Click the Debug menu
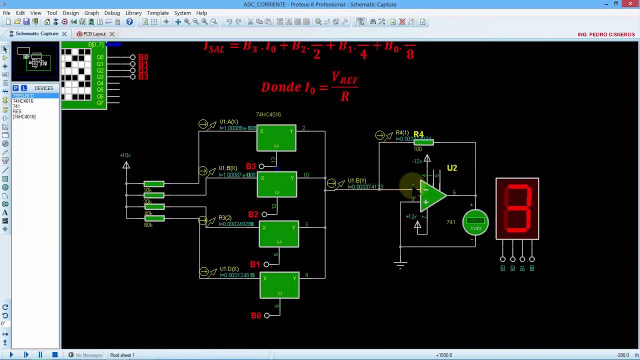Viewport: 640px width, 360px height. coord(112,13)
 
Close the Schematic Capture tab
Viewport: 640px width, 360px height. coord(64,34)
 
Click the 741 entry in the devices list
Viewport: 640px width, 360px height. coord(16,106)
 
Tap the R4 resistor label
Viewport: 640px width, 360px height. coord(418,134)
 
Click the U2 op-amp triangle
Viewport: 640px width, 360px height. coord(431,195)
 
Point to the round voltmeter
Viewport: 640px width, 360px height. coord(475,222)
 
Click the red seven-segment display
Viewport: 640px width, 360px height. coord(517,208)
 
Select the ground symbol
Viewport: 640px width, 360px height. coord(400,265)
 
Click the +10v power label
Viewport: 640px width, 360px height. coord(125,155)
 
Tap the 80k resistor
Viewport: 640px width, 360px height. coord(154,218)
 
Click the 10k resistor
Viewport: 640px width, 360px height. coord(154,184)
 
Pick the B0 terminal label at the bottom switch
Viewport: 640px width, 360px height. coord(256,315)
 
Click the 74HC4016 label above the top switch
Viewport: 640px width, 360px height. coord(268,114)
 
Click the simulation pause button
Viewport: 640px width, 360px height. coord(40,355)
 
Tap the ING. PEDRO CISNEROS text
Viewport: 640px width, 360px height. coord(606,34)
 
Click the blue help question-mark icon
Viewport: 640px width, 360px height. coord(129,22)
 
